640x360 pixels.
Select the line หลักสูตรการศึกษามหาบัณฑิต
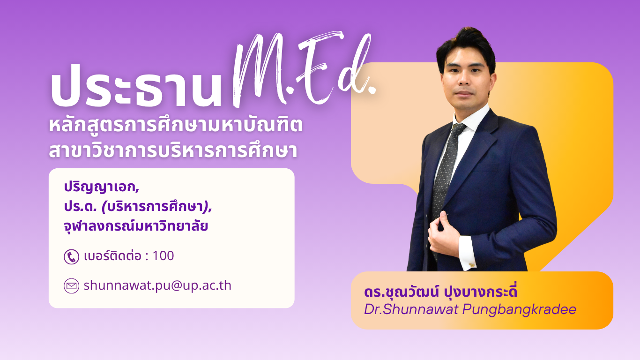176,125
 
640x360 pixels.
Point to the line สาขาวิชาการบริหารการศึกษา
173,150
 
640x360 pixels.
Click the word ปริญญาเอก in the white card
100,187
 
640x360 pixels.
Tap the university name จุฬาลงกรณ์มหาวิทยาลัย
136,226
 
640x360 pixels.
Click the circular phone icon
71,256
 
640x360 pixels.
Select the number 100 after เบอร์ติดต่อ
163,255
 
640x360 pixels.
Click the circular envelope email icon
71,286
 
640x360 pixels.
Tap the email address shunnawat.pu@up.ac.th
157,285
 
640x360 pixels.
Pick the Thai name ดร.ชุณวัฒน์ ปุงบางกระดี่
440,292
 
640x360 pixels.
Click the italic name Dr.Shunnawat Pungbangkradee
470,309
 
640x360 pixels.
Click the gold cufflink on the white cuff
471,265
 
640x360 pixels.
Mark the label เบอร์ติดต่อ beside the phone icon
113,255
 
